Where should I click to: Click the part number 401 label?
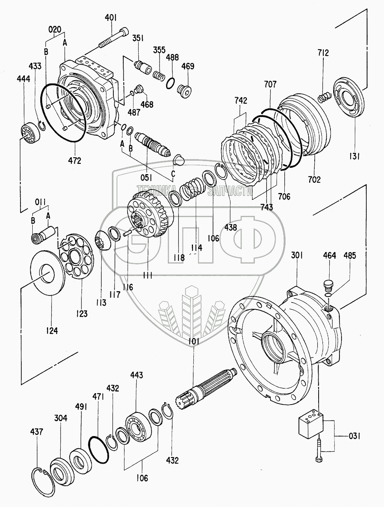click(111, 18)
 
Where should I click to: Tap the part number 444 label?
click(23, 79)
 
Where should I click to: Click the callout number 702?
click(314, 179)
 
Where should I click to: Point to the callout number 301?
click(297, 255)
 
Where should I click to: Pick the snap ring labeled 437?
click(43, 476)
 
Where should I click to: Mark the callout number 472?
click(74, 161)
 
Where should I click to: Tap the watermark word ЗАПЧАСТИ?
click(230, 191)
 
